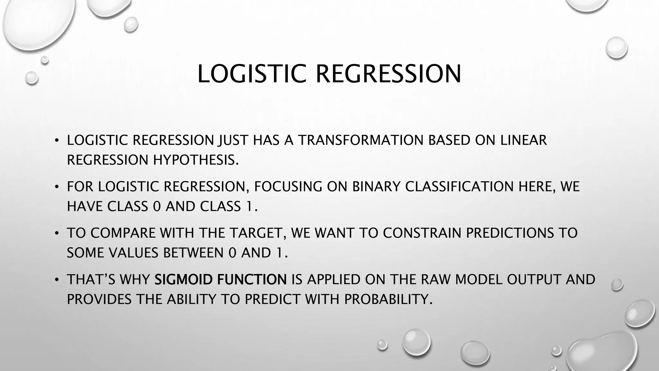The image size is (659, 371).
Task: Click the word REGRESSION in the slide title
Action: point(388,74)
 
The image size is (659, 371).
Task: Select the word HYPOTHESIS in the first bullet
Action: point(196,160)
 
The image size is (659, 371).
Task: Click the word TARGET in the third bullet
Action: point(256,233)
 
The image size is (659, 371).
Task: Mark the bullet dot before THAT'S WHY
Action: point(57,280)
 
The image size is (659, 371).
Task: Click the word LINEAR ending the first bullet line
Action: point(523,140)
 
